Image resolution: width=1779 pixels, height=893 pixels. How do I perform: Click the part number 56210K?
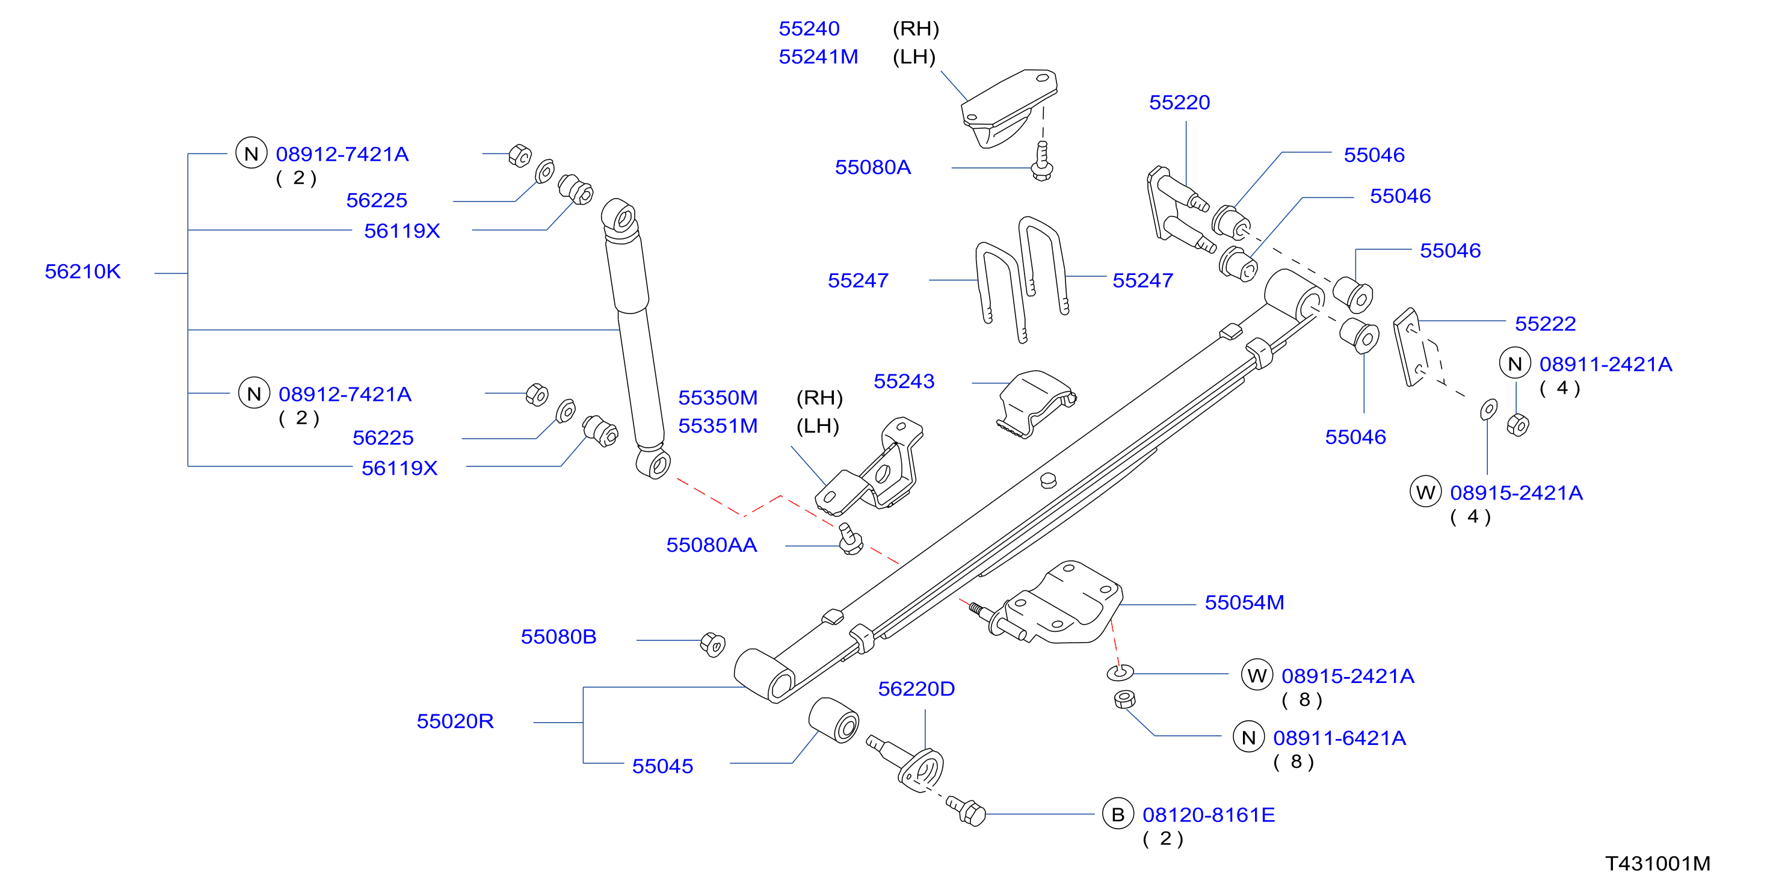(83, 271)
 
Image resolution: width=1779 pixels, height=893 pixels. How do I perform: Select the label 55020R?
(455, 721)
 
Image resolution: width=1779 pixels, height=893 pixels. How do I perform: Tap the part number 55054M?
(1245, 602)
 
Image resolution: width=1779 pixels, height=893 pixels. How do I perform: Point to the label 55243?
(904, 382)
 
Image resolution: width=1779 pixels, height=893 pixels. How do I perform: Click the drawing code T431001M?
(1657, 864)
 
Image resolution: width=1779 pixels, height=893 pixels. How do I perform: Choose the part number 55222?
(1545, 324)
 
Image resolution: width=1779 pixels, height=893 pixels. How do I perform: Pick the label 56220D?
(916, 688)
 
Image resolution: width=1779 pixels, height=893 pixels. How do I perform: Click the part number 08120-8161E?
(1209, 815)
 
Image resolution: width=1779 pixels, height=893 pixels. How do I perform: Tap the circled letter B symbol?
(1118, 815)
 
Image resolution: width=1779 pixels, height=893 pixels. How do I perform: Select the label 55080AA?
(711, 545)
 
